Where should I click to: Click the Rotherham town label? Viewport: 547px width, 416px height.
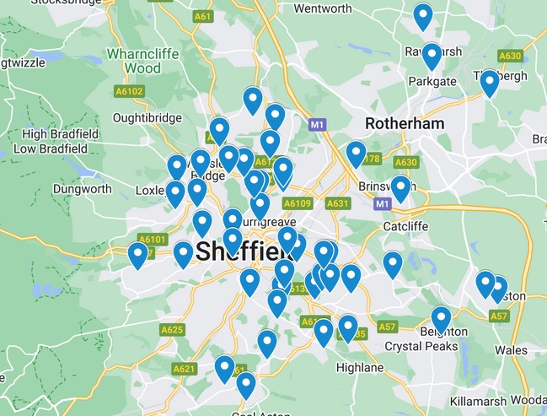pyautogui.click(x=404, y=124)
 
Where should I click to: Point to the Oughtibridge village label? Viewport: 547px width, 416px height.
pyautogui.click(x=145, y=118)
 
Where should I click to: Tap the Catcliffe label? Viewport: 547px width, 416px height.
pyautogui.click(x=407, y=226)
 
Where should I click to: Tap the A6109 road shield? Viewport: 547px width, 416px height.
pyautogui.click(x=298, y=203)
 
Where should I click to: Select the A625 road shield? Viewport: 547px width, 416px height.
pyautogui.click(x=172, y=329)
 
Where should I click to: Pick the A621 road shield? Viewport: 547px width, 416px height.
pyautogui.click(x=184, y=369)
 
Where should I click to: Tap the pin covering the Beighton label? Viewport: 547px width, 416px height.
pyautogui.click(x=441, y=318)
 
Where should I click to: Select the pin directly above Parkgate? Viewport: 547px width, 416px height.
pyautogui.click(x=432, y=55)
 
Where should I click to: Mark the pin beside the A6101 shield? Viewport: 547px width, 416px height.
pyautogui.click(x=137, y=254)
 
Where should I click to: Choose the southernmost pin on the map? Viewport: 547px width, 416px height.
pyautogui.click(x=245, y=384)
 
